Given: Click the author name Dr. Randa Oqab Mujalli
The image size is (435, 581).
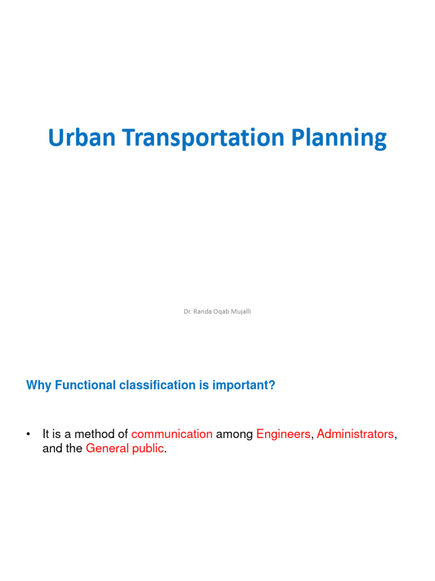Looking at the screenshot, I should pos(217,311).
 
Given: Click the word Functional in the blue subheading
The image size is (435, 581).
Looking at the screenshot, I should pos(86,385).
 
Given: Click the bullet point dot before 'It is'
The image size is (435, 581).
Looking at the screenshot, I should pos(28,435).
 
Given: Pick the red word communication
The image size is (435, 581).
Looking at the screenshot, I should pos(172,434).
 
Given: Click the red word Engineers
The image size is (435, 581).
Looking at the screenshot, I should pos(283,434).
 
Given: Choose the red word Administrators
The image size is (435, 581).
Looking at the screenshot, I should pos(355,434).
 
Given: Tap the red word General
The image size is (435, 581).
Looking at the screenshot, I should pos(107,449).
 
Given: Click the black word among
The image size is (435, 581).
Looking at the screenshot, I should pos(234,434).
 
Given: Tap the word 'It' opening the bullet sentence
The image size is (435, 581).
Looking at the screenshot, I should pos(46,434).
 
